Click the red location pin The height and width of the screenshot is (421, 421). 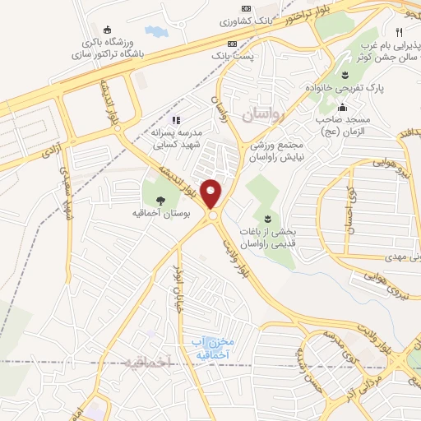tap(212, 194)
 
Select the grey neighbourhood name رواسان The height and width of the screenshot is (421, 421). tap(261, 116)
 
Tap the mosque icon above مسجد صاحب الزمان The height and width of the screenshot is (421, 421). tap(343, 108)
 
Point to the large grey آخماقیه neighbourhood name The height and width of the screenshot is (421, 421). tap(148, 362)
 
